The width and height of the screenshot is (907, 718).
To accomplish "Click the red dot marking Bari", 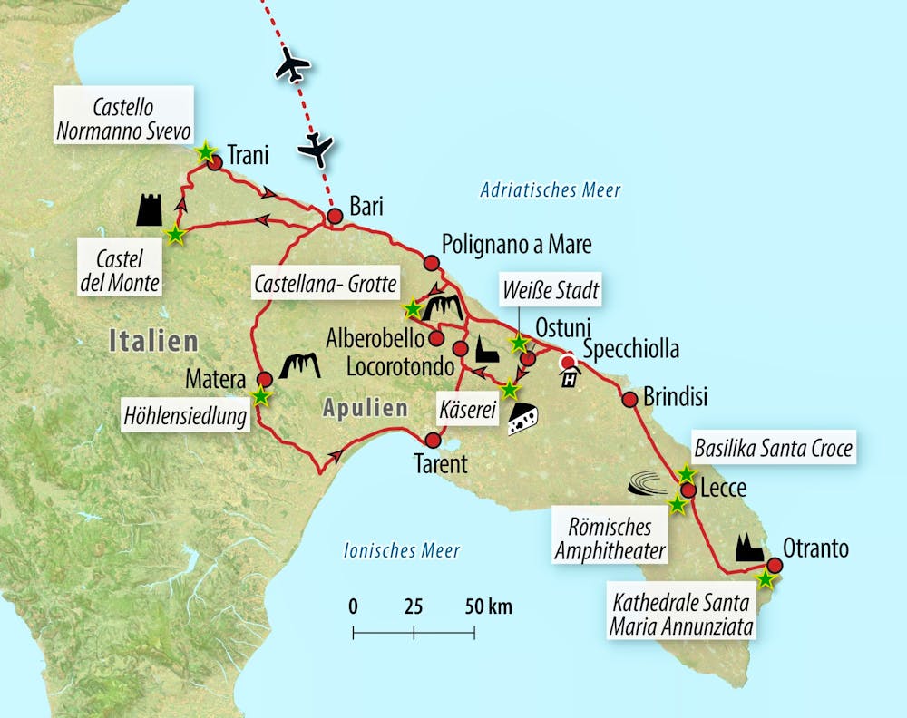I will click(x=335, y=216).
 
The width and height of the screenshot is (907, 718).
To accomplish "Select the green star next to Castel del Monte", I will click(x=175, y=235).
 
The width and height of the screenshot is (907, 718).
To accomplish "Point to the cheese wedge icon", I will click(x=523, y=420).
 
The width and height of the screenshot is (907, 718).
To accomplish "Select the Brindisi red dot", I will click(x=629, y=399).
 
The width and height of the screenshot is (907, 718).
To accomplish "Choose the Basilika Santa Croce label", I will click(x=773, y=448).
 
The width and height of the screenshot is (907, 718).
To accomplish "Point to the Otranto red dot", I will click(x=775, y=565).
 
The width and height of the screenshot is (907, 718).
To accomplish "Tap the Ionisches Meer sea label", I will click(x=402, y=550).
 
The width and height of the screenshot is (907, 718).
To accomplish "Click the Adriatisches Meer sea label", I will click(x=551, y=190).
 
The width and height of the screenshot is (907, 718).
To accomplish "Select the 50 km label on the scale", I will click(x=487, y=606).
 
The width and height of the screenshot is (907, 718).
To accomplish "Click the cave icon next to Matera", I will click(x=303, y=365).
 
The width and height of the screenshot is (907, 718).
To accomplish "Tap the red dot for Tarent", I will click(x=433, y=441).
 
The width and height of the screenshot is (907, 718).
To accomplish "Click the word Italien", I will click(x=152, y=342).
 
